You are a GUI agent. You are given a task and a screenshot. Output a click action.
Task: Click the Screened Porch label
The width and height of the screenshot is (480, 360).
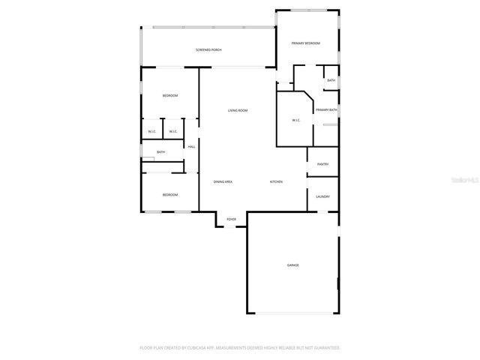[x=208, y=49]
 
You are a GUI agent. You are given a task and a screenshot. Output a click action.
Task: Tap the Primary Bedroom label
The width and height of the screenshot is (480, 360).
[x=306, y=43]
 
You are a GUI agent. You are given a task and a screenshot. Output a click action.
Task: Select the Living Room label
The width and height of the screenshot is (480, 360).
[x=238, y=111]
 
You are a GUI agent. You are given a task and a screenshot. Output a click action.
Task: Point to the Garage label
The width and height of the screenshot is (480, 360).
[x=292, y=265]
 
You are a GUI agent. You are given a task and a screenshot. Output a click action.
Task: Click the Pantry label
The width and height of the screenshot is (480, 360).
[x=322, y=164]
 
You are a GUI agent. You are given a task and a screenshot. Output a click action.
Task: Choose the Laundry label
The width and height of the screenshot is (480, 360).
[x=322, y=196]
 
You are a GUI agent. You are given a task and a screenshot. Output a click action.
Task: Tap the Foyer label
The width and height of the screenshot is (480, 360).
[x=231, y=219]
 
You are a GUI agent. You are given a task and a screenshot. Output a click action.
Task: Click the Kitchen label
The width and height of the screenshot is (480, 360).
[x=276, y=182]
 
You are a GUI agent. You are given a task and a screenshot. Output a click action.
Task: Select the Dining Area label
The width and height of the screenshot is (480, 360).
[x=223, y=182]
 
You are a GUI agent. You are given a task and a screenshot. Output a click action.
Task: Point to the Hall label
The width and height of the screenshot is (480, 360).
[x=192, y=146]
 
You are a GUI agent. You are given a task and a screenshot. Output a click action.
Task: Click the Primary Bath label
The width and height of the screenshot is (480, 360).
[x=326, y=110]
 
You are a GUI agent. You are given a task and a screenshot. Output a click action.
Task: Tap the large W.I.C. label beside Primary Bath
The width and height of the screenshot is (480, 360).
[x=296, y=121]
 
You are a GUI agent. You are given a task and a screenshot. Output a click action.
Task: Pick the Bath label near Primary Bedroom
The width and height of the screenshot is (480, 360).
[x=331, y=80]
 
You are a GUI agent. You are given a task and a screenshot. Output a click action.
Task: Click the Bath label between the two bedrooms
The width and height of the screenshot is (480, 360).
[x=160, y=152]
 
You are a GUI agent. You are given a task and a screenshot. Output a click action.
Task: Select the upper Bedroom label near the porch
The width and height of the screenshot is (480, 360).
[x=170, y=95]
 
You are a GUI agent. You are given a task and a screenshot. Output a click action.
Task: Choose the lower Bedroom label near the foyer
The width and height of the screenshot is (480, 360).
[x=170, y=195]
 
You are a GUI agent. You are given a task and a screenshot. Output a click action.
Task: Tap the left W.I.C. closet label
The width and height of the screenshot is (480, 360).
[x=151, y=132]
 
